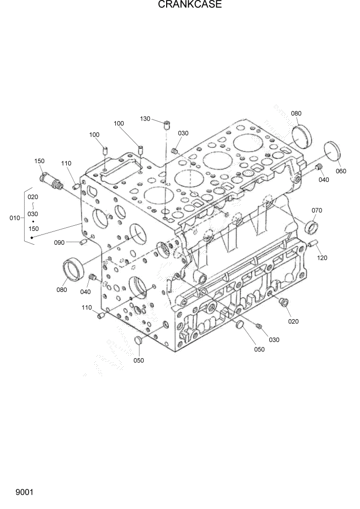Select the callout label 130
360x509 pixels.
click(145, 119)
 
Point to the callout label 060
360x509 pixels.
click(341, 171)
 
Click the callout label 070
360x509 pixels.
click(317, 210)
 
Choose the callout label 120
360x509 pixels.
click(322, 258)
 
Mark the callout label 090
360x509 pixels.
click(60, 242)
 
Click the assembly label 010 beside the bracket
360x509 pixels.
click(15, 218)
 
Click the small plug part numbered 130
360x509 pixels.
click(167, 124)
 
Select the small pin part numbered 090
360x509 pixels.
click(82, 242)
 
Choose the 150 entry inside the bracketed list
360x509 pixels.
click(33, 229)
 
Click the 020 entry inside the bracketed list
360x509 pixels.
click(33, 197)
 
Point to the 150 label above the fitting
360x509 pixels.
click(39, 161)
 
